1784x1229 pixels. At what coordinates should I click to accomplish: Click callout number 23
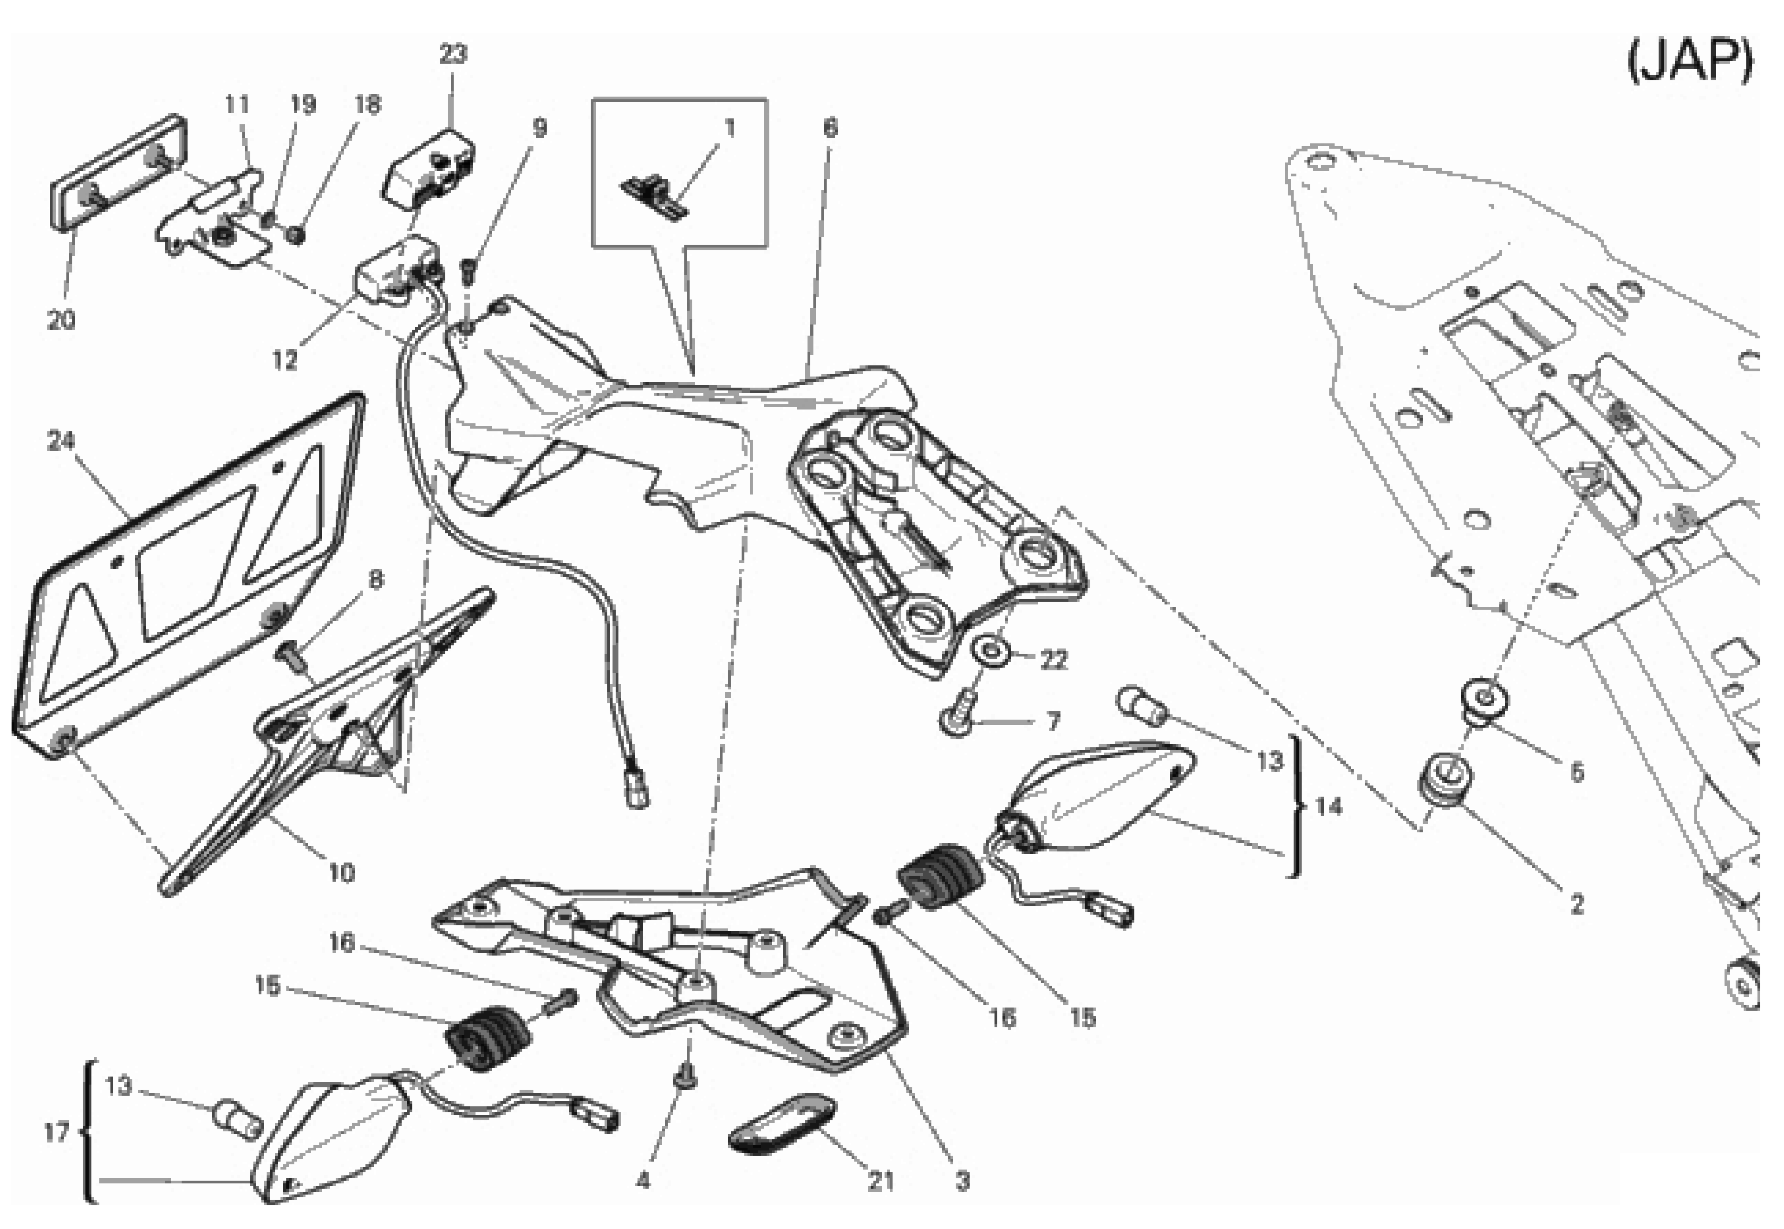tap(453, 54)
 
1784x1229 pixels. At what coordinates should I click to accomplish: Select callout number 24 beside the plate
tap(62, 441)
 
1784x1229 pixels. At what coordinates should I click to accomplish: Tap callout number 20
tap(62, 320)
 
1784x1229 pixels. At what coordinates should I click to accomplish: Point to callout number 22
tap(1053, 660)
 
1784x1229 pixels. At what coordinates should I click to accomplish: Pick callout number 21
tap(882, 1181)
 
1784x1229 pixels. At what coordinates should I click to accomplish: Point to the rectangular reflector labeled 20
tap(119, 173)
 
